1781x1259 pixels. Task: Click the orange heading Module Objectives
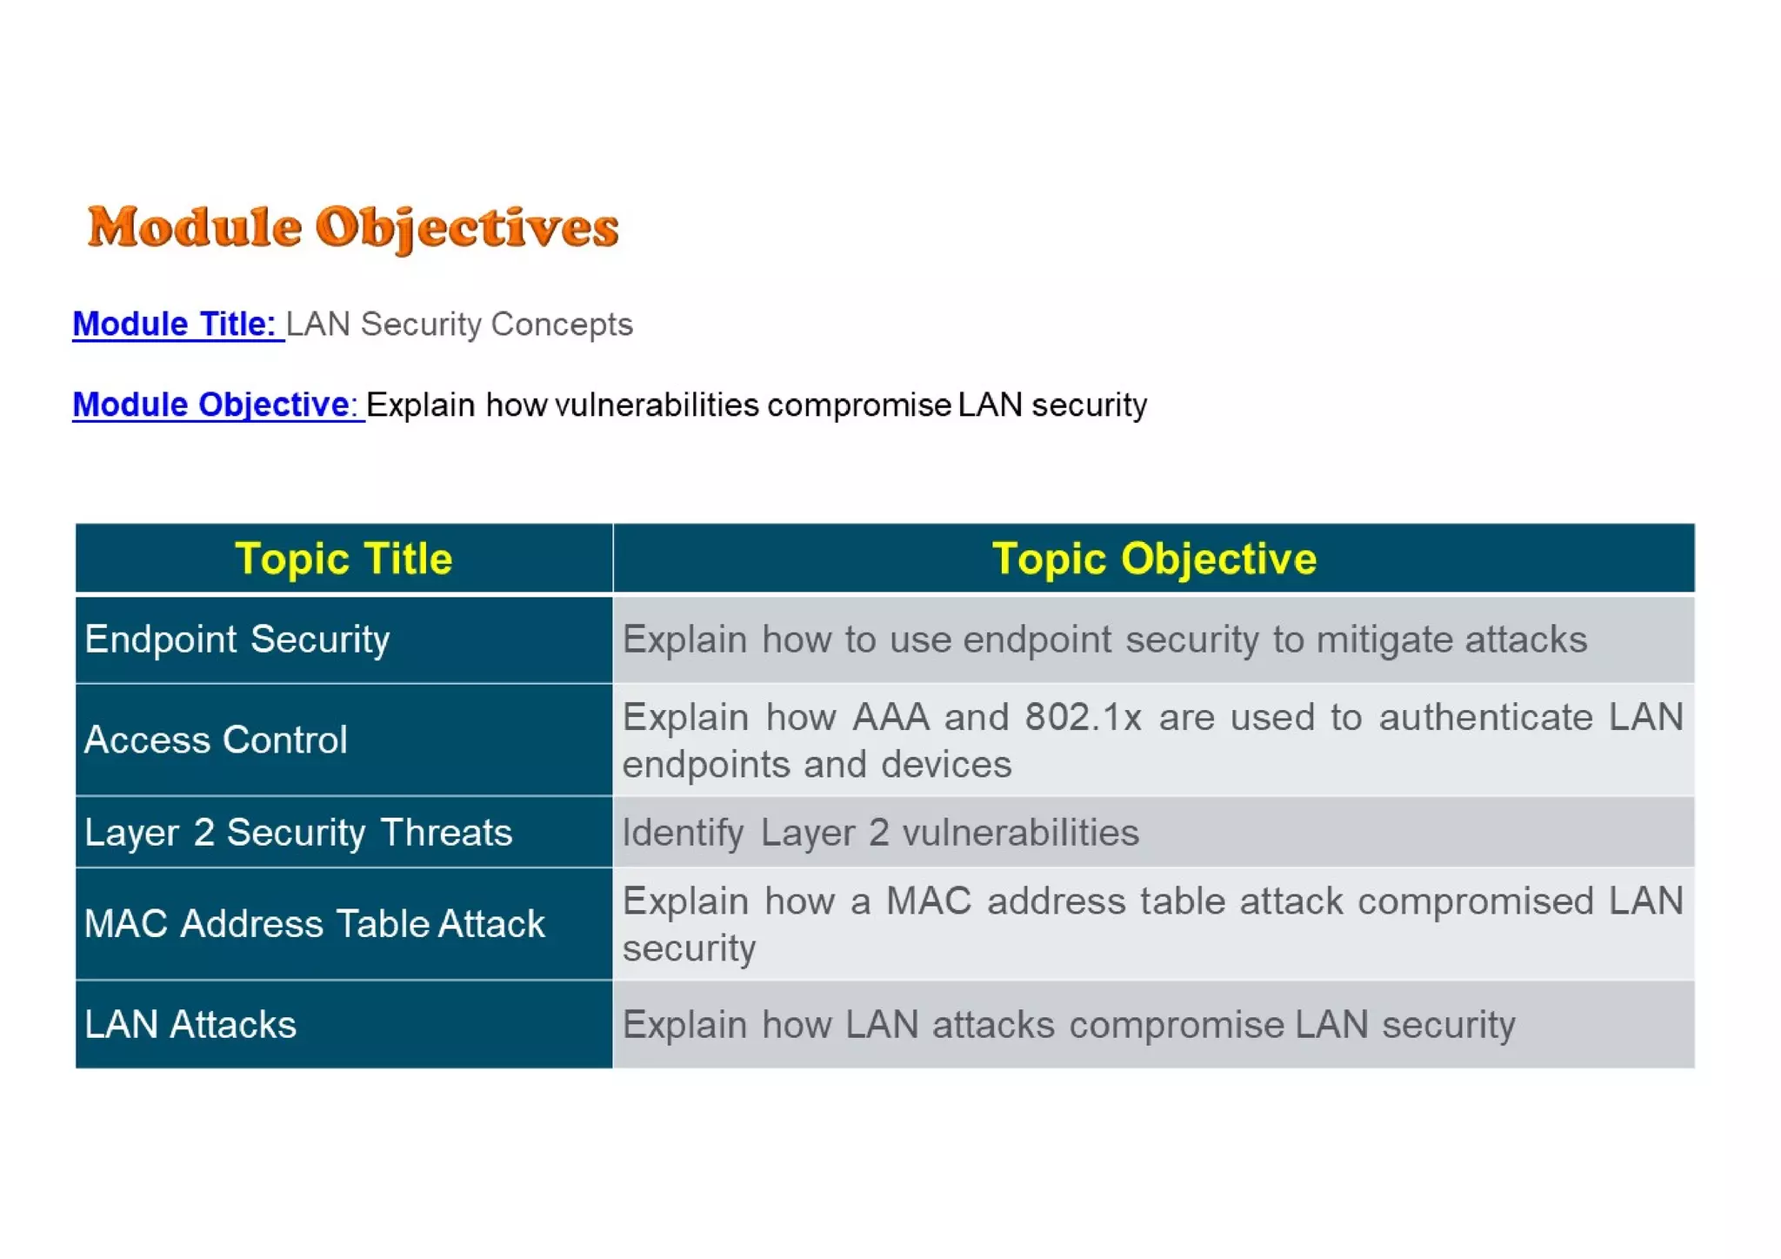pos(353,228)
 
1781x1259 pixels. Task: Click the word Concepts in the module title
pos(562,325)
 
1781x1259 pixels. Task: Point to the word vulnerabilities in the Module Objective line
pos(657,405)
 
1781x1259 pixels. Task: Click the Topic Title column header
pos(344,559)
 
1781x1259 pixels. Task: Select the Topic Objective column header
pos(1154,559)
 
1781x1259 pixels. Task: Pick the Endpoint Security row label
pos(237,640)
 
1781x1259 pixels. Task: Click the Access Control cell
pos(216,740)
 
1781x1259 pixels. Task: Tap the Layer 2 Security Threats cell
pos(298,833)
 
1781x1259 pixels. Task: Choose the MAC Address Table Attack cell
pos(314,924)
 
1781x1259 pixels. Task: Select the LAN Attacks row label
pos(190,1025)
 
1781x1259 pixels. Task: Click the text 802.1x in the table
pos(1083,718)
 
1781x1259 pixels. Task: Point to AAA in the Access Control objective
pos(891,718)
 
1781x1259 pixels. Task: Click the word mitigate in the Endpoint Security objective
pos(1383,640)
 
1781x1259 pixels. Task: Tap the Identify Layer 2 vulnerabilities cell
pos(880,834)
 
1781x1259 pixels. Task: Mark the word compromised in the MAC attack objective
pos(1475,901)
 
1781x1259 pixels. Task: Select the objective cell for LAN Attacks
pos(1069,1025)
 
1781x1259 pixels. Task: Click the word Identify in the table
pos(683,834)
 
